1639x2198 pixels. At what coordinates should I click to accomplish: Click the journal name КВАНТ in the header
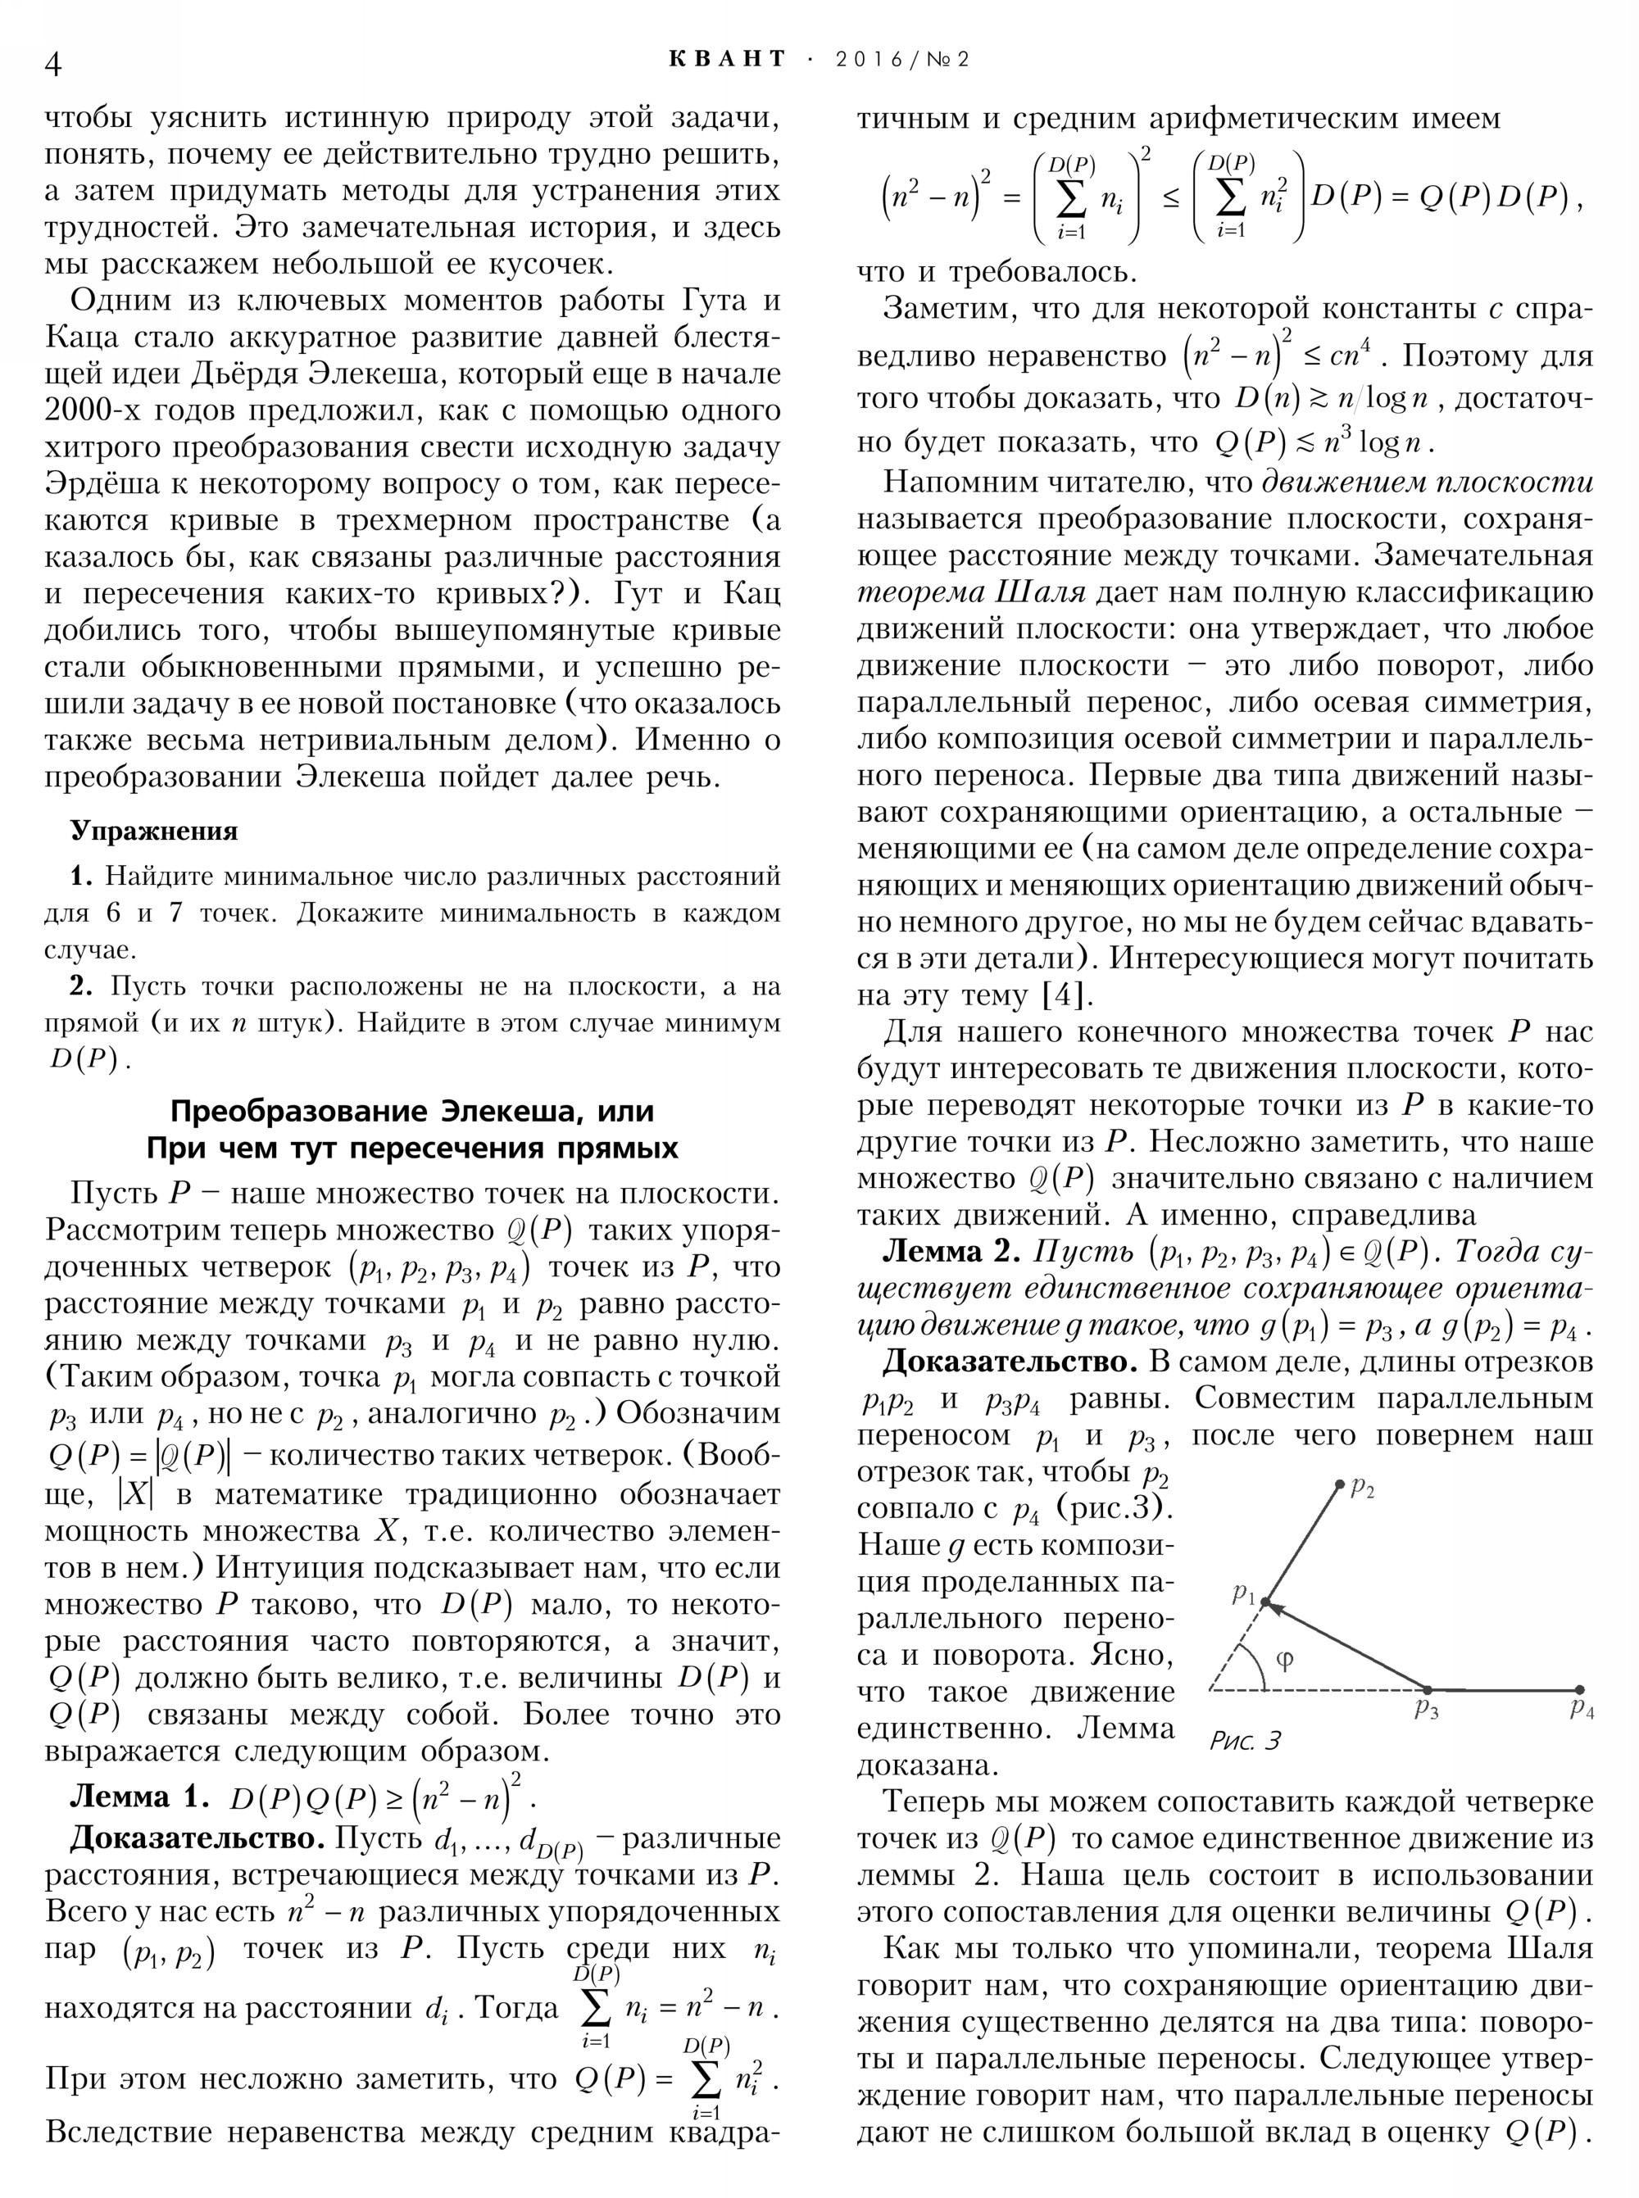coord(727,60)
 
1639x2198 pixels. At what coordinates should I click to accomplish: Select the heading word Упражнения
coord(154,832)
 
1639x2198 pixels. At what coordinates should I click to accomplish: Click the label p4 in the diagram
coord(1582,1709)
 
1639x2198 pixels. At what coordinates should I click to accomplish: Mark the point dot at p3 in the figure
coord(1427,1689)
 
